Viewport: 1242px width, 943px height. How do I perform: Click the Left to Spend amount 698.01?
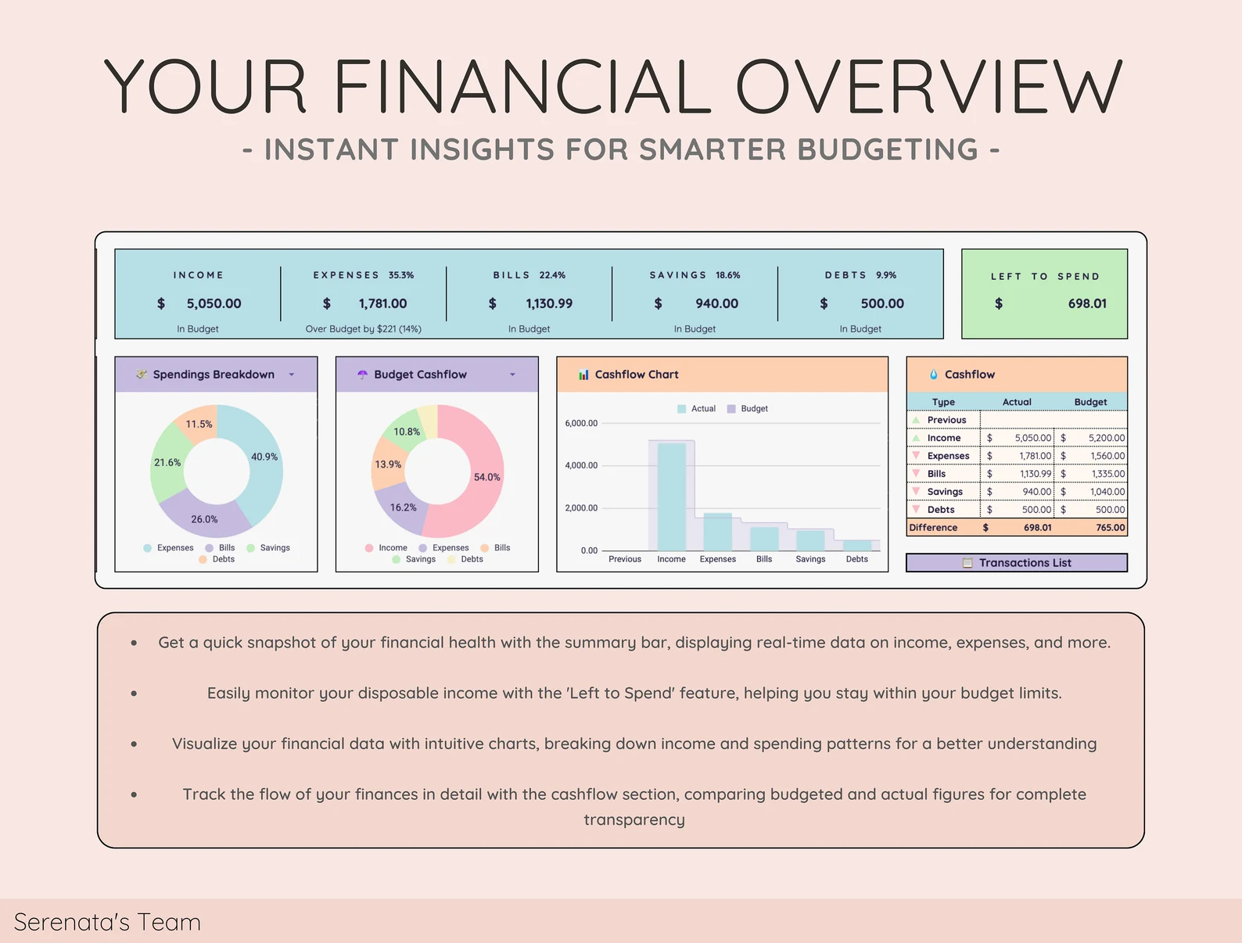[1086, 303]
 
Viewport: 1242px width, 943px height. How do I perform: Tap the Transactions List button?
[1016, 562]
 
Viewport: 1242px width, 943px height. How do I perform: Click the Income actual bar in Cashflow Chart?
[672, 497]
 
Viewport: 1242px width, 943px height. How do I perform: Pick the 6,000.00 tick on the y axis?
[581, 423]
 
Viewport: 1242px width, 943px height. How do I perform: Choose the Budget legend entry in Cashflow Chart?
[748, 408]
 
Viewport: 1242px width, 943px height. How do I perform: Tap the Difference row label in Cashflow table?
[933, 527]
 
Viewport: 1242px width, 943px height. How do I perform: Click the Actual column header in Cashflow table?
[1016, 402]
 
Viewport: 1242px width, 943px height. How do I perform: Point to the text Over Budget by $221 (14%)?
[363, 328]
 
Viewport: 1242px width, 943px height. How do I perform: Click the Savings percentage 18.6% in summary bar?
[727, 275]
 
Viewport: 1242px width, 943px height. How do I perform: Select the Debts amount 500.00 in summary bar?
[882, 303]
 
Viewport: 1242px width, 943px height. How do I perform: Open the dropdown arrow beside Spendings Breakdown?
[292, 375]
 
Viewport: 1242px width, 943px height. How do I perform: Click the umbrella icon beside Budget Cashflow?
[363, 375]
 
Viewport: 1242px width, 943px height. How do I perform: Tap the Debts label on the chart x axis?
[856, 559]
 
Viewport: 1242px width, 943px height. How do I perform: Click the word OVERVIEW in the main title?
[928, 86]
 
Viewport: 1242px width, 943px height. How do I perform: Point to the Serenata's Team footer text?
[107, 922]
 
